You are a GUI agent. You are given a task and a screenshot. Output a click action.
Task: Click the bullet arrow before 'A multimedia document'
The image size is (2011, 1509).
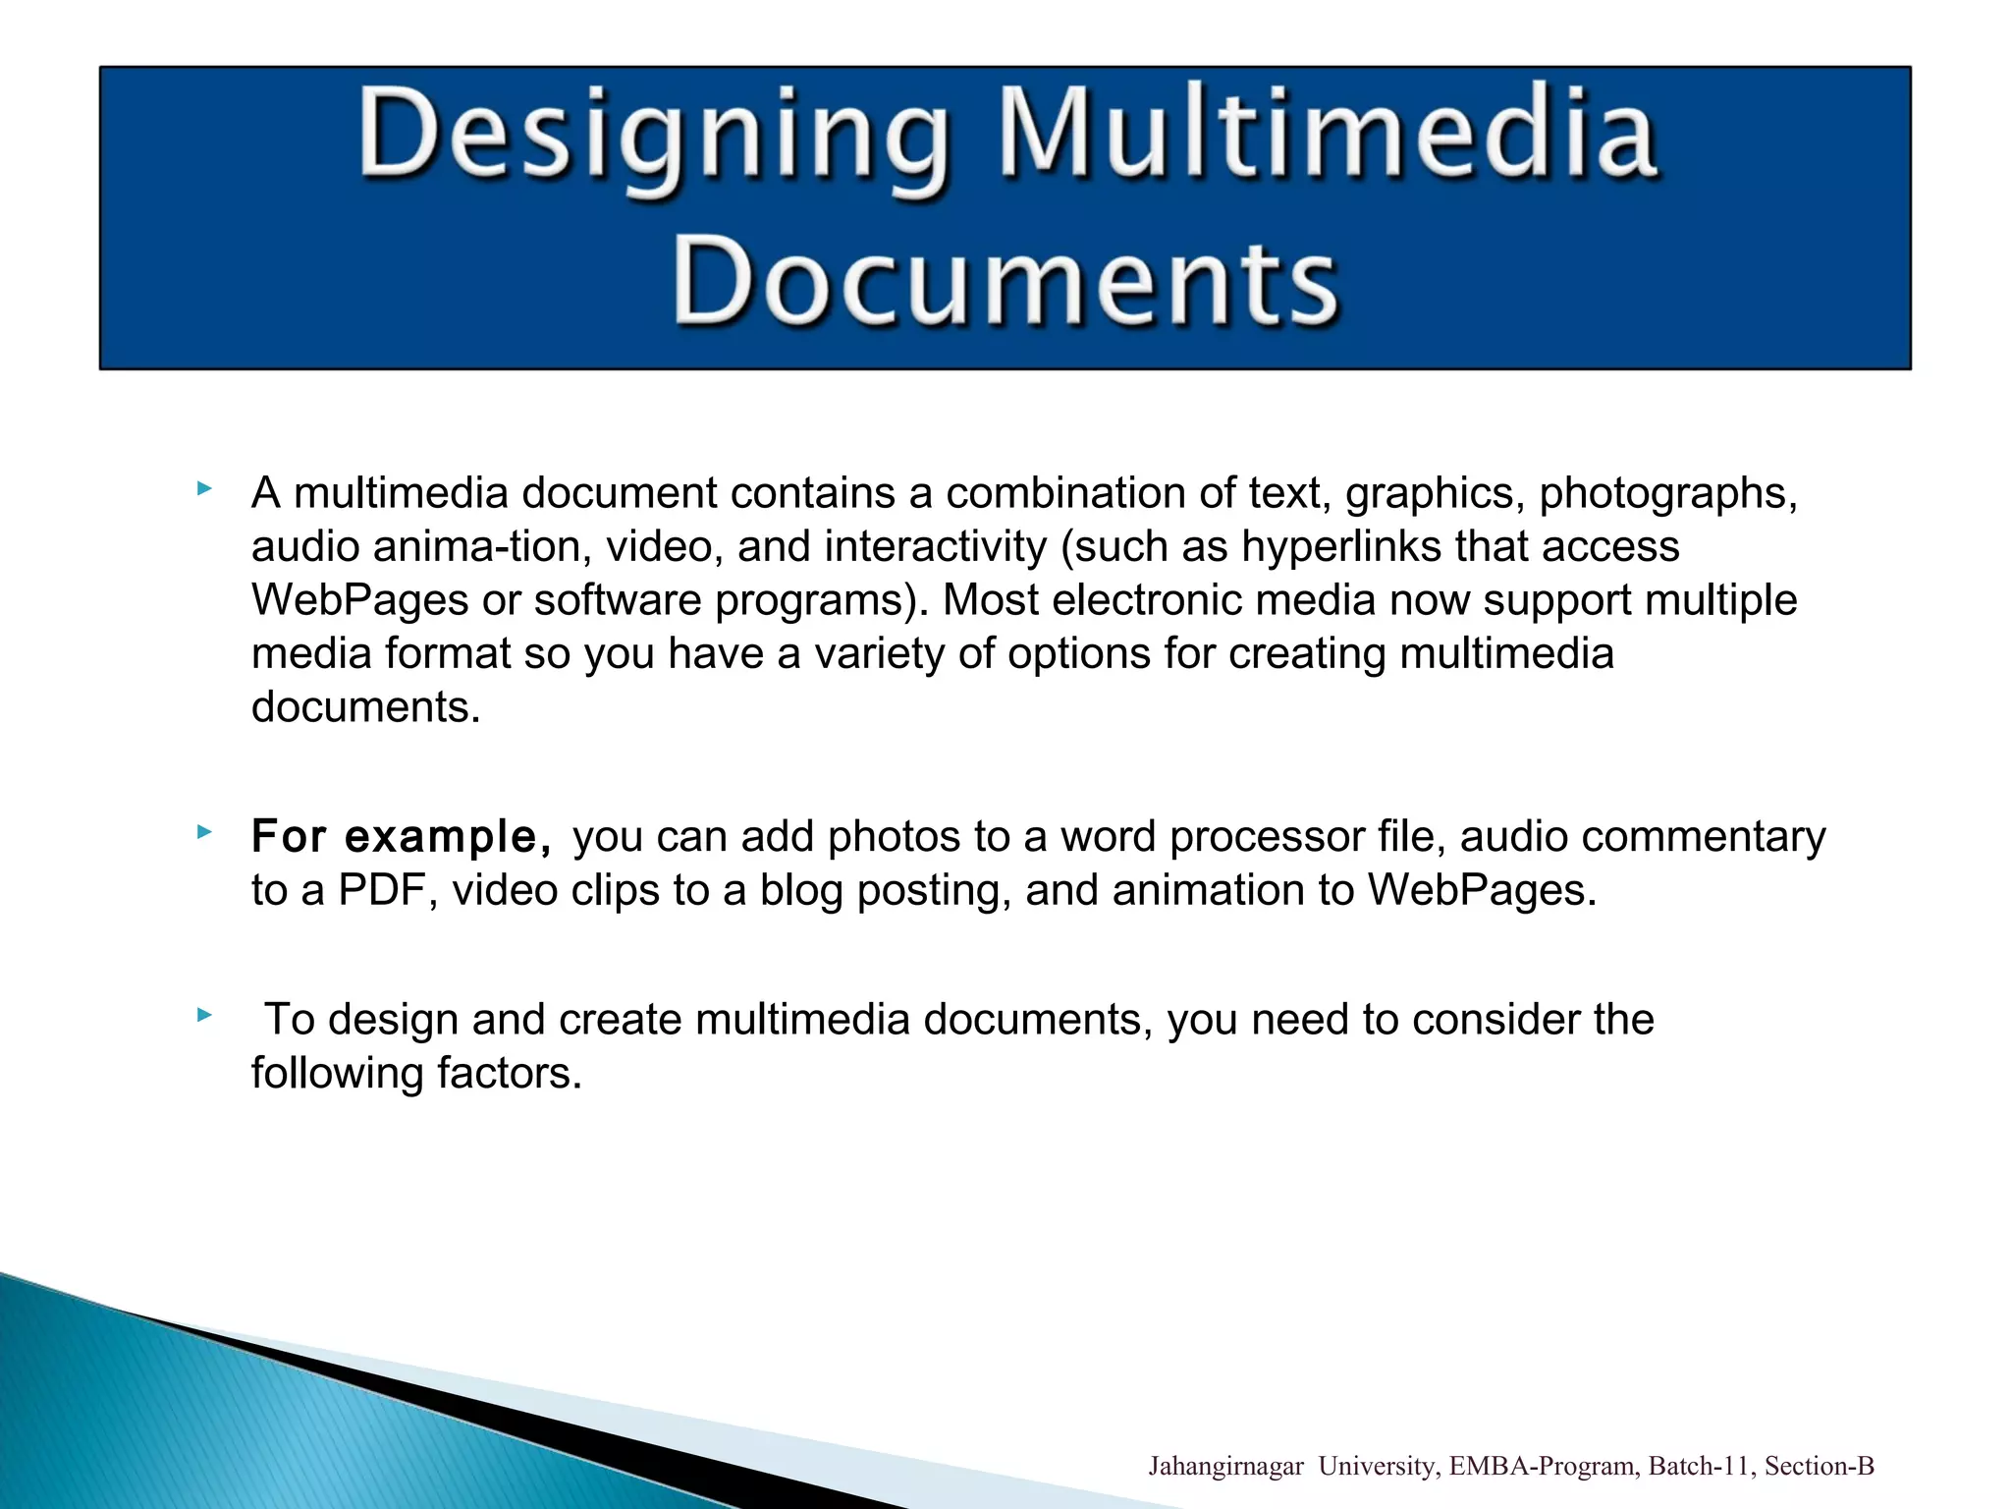[x=204, y=488]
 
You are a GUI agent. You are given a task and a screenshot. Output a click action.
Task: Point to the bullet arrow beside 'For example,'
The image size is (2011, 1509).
[x=204, y=832]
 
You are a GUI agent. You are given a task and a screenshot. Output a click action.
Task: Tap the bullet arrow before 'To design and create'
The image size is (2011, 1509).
[x=204, y=1015]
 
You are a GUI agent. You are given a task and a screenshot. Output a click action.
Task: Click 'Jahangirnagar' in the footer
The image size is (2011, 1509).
[x=1225, y=1467]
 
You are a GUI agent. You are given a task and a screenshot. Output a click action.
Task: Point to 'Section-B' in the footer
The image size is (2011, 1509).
[x=1820, y=1467]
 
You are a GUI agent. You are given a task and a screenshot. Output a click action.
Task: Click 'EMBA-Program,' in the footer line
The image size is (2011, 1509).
[x=1544, y=1467]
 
